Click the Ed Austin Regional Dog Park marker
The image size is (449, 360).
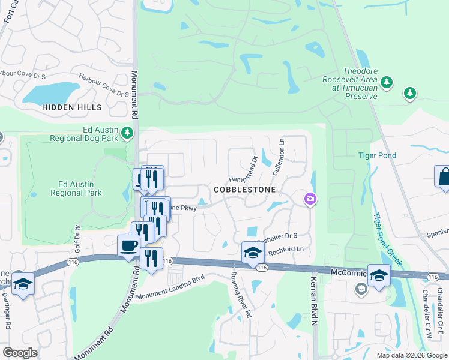[x=127, y=133]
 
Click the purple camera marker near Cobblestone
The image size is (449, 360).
[x=310, y=199]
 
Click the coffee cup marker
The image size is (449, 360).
[x=128, y=246]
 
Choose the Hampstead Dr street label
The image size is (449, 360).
[x=244, y=170]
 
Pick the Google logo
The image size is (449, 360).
[x=20, y=353]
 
